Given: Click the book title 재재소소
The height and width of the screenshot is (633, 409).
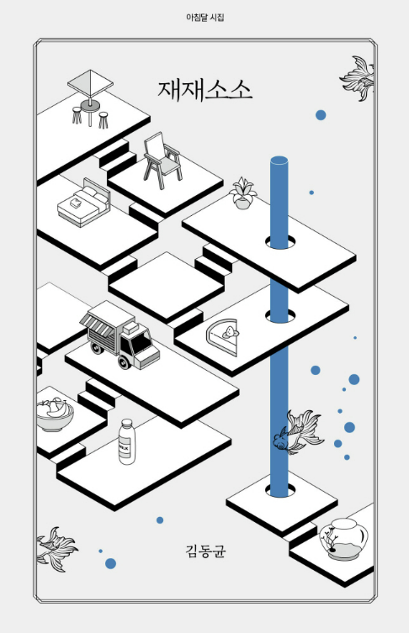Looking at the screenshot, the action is pyautogui.click(x=204, y=90).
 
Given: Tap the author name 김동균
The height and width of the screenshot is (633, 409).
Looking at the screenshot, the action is pyautogui.click(x=205, y=551).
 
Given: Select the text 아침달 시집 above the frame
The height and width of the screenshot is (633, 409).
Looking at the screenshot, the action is pyautogui.click(x=204, y=18).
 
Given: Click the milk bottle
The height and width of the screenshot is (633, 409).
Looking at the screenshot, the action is pyautogui.click(x=127, y=441).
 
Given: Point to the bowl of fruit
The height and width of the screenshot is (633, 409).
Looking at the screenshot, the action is pyautogui.click(x=54, y=414).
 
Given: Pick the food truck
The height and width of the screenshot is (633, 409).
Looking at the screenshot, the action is pyautogui.click(x=120, y=335).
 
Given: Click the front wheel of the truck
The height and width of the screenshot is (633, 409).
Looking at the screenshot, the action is pyautogui.click(x=124, y=361).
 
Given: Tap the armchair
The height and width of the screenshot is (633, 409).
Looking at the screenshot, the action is pyautogui.click(x=162, y=161).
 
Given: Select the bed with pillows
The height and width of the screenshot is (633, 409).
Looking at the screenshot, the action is pyautogui.click(x=83, y=203).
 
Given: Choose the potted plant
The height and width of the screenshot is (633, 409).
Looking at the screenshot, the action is pyautogui.click(x=242, y=193).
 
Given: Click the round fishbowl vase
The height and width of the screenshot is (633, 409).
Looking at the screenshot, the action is pyautogui.click(x=343, y=540).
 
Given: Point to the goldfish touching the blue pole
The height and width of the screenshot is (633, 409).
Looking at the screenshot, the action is pyautogui.click(x=298, y=432).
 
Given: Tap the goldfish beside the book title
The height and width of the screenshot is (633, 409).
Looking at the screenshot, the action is pyautogui.click(x=358, y=78).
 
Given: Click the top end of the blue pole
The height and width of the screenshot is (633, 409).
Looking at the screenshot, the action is pyautogui.click(x=279, y=160).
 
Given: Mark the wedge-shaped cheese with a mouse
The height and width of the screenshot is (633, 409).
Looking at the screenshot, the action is pyautogui.click(x=222, y=336).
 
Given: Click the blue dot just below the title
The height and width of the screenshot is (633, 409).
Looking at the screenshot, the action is pyautogui.click(x=321, y=115).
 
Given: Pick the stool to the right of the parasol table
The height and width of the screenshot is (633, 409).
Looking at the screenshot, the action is pyautogui.click(x=104, y=120).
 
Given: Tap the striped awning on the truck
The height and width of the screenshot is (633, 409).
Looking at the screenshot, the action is pyautogui.click(x=97, y=327).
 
